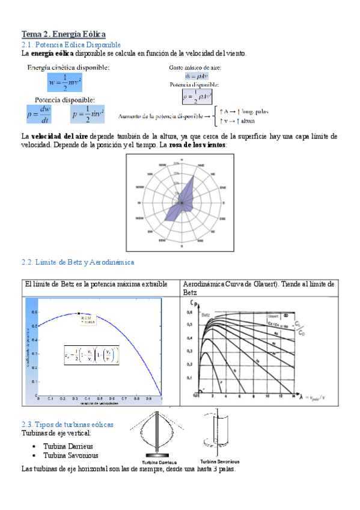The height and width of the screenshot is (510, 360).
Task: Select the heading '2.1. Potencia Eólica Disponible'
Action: tap(71, 45)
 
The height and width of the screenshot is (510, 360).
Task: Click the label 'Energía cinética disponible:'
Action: tap(69, 67)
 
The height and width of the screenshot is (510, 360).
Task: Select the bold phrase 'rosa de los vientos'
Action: tap(199, 146)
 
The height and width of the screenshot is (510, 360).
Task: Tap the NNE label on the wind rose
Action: tap(202, 164)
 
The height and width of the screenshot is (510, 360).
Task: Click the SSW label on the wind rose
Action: tap(162, 241)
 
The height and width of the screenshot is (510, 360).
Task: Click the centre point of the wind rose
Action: tap(181, 203)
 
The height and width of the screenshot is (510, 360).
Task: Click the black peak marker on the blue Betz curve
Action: tap(79, 313)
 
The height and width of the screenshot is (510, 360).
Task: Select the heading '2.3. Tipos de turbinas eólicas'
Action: tap(67, 425)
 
